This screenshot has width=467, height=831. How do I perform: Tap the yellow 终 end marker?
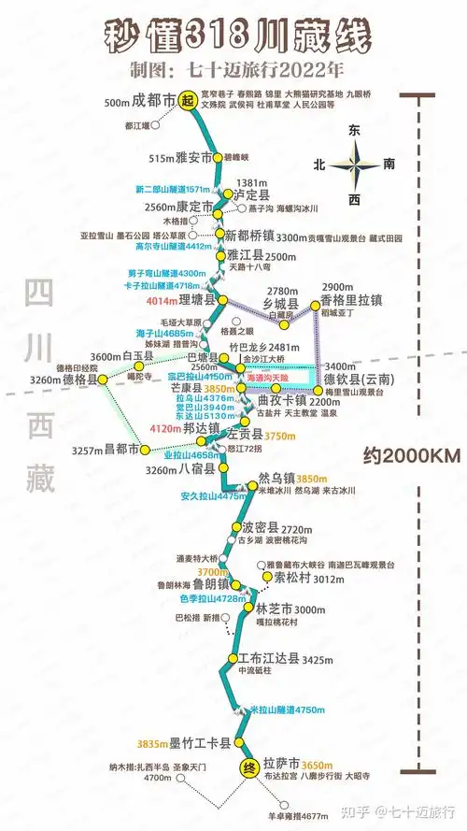click(248, 768)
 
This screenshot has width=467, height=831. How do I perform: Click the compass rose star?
click(355, 165)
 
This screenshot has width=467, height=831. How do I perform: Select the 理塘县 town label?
click(198, 300)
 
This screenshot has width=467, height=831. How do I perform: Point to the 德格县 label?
click(80, 380)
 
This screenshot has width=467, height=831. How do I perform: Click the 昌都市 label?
click(121, 450)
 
